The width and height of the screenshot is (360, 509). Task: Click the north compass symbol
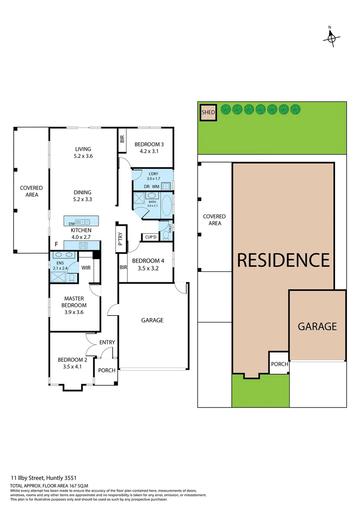331,38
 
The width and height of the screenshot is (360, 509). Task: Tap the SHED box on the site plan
208,112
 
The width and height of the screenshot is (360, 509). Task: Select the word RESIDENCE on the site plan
283,260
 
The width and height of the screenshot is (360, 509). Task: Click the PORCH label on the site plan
279,364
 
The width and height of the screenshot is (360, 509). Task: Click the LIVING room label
82,149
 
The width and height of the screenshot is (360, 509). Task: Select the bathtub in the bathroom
166,206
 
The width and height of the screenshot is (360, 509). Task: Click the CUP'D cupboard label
150,237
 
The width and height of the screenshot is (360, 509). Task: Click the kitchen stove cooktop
84,245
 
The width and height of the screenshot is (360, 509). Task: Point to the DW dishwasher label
71,223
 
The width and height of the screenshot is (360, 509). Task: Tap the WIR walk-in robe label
86,268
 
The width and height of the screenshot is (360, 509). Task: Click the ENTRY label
107,342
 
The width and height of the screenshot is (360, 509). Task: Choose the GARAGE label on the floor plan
152,320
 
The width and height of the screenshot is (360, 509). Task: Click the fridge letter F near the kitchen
57,245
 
